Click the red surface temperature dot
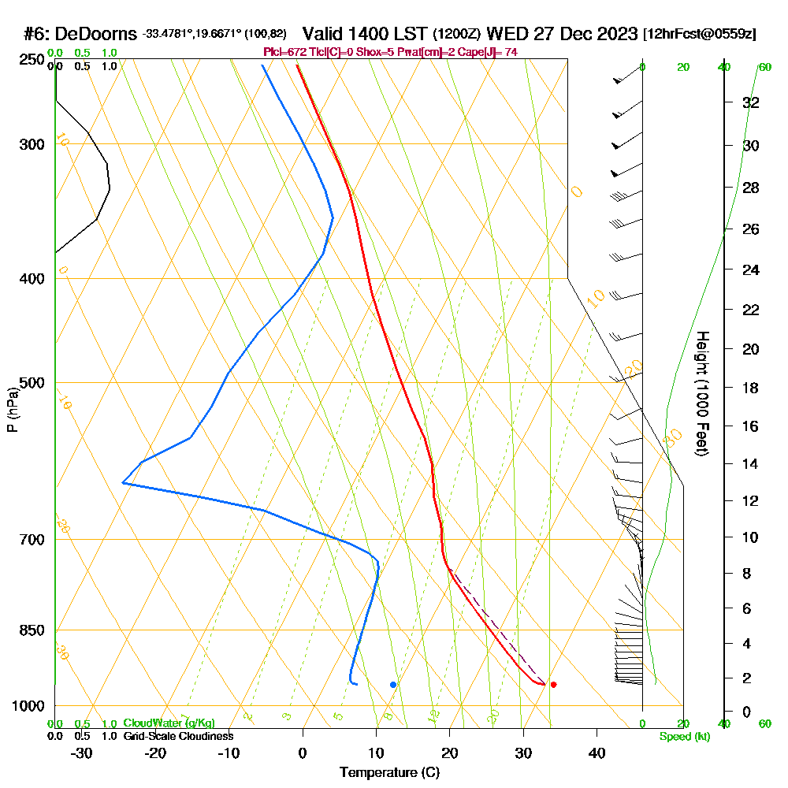[x=554, y=685]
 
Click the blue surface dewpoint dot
[x=393, y=685]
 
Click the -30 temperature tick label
[x=82, y=753]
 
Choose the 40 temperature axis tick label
[x=597, y=753]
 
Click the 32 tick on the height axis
[x=750, y=102]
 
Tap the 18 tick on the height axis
[x=750, y=388]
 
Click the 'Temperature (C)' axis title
[x=389, y=773]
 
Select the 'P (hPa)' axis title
[x=12, y=410]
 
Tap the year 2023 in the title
[x=615, y=34]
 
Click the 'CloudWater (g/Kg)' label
[x=169, y=723]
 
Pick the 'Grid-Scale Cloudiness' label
[x=177, y=736]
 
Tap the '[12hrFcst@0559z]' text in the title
[x=700, y=34]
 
